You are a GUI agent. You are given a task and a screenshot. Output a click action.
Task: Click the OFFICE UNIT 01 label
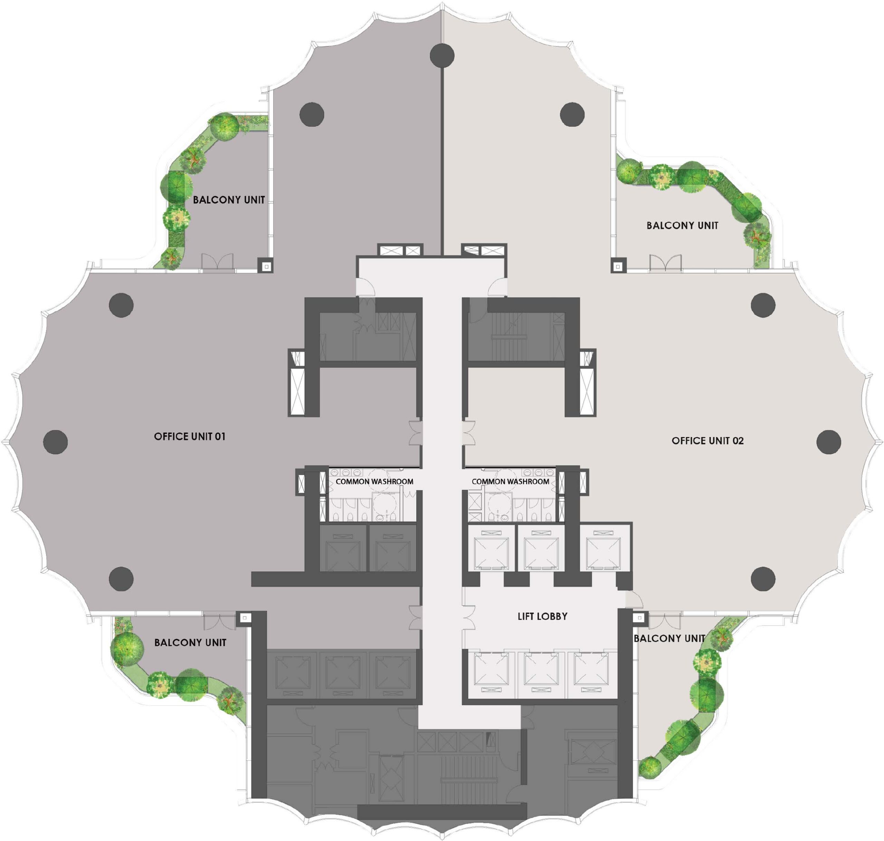click(x=190, y=436)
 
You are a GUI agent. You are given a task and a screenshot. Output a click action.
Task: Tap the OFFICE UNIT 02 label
click(x=708, y=441)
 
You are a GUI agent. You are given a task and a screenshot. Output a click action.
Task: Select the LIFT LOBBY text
click(x=542, y=616)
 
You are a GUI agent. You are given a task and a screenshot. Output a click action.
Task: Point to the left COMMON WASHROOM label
click(x=374, y=482)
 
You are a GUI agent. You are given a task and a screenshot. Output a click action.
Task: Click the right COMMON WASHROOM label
click(x=510, y=482)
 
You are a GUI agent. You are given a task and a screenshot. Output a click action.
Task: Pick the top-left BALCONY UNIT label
click(x=229, y=200)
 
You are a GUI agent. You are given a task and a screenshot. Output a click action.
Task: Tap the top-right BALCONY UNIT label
click(x=682, y=225)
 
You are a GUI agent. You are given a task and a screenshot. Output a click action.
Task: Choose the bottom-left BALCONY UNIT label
click(x=190, y=642)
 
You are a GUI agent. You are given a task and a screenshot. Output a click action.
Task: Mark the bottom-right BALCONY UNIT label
click(x=669, y=638)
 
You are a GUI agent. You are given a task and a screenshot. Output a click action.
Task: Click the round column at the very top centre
click(x=442, y=56)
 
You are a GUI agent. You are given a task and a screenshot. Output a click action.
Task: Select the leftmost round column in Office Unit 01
click(x=56, y=442)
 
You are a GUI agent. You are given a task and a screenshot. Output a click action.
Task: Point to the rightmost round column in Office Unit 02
click(x=828, y=442)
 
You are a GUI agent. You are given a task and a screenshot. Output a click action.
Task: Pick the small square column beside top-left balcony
click(x=266, y=267)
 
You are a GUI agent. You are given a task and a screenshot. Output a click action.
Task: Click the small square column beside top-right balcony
click(x=618, y=267)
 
